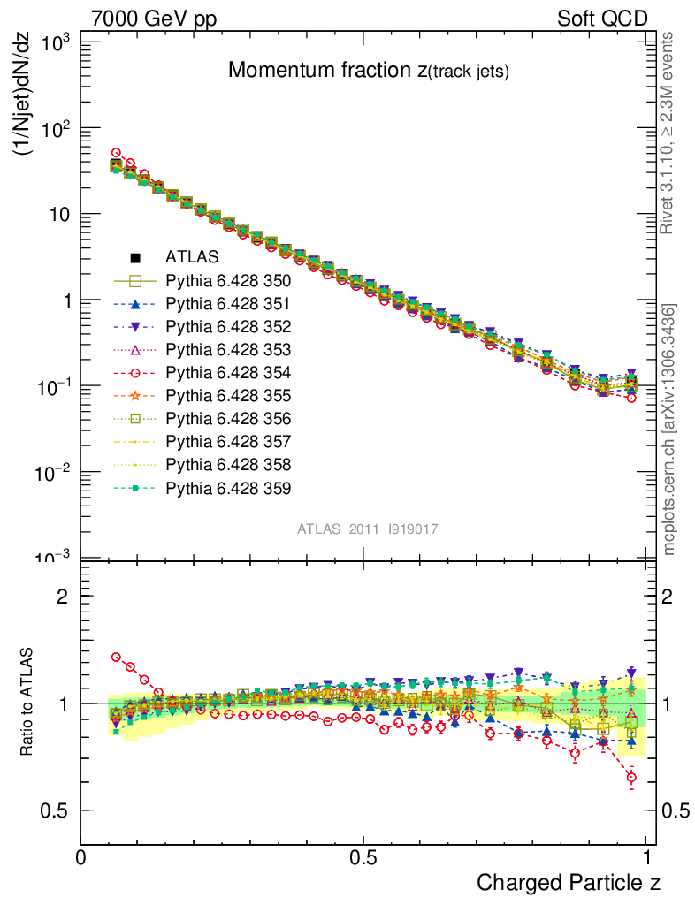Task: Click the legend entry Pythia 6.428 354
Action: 228,372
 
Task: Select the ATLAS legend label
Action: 186,257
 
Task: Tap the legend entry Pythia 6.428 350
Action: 228,280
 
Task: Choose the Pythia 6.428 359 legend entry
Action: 228,487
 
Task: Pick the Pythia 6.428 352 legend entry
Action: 228,326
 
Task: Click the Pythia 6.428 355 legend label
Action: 228,395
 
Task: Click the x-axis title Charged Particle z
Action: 568,882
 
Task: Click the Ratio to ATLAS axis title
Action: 27,703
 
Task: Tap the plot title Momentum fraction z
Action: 368,71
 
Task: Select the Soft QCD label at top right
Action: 602,19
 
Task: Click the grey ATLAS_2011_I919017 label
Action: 368,529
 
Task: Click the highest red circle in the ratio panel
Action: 116,657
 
